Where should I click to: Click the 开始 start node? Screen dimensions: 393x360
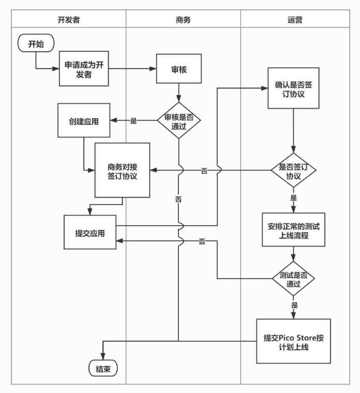[36, 43]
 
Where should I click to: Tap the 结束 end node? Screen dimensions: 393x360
[103, 369]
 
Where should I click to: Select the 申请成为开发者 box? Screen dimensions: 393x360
[84, 69]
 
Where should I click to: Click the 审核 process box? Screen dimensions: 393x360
[178, 69]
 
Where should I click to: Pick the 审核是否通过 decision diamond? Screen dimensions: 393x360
[178, 121]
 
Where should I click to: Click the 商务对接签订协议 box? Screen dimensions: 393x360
[122, 170]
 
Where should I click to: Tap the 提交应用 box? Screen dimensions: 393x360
[90, 233]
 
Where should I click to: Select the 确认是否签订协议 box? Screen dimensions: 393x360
[293, 88]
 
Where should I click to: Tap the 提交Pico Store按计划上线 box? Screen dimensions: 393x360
[293, 342]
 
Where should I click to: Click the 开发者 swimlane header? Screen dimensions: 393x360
[69, 20]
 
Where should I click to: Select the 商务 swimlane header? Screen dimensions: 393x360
[183, 20]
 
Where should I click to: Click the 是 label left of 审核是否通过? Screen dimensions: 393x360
[133, 121]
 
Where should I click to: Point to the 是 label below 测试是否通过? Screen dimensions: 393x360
[294, 305]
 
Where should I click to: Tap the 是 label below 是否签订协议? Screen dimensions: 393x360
[294, 198]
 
